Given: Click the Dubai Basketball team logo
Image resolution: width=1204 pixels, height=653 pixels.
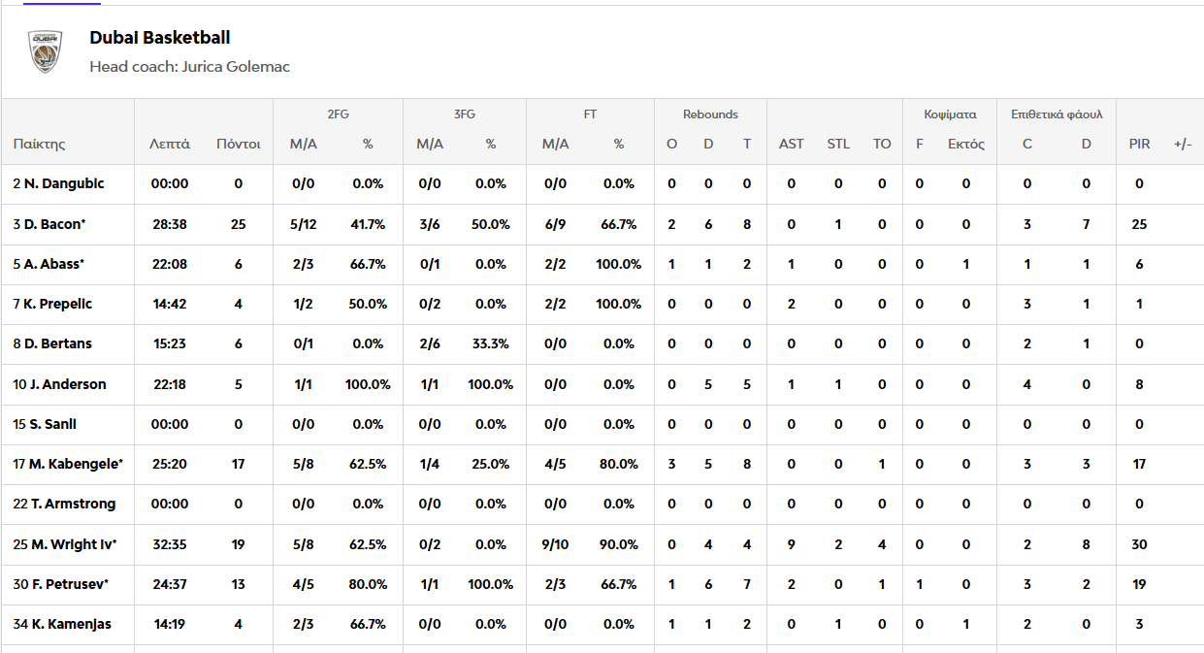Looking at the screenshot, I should point(45,51).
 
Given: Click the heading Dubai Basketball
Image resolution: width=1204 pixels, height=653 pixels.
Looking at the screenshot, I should point(160,38).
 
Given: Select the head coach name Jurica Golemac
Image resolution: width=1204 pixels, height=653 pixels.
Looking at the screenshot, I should point(236,67).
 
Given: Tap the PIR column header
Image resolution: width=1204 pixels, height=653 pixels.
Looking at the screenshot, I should point(1139,144).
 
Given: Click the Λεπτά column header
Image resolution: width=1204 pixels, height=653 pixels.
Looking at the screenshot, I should point(170,144).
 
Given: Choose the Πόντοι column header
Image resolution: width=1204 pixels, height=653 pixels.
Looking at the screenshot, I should point(238,144).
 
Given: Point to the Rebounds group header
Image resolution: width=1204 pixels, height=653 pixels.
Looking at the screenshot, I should point(710,114).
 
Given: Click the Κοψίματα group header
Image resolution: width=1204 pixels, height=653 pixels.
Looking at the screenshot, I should point(950,114).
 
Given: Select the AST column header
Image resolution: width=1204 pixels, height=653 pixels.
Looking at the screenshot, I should point(791,144).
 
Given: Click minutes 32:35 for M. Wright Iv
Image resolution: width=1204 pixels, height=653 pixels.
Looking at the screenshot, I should point(170,544).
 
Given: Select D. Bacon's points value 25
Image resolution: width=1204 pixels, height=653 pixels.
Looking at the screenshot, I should point(238,224).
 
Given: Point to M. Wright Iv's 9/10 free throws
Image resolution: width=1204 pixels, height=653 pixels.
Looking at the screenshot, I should point(555,544).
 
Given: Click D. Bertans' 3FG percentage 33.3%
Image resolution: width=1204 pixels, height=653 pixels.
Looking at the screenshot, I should point(490,344).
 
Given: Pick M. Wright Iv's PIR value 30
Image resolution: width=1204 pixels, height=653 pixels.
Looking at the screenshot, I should point(1139,544).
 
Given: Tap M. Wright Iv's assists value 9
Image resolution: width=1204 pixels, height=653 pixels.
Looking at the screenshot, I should point(791,544).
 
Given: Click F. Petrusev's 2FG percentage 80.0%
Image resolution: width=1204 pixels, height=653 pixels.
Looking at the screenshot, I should point(368,584).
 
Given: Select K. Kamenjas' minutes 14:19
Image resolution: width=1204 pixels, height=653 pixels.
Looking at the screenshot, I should point(170,624).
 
